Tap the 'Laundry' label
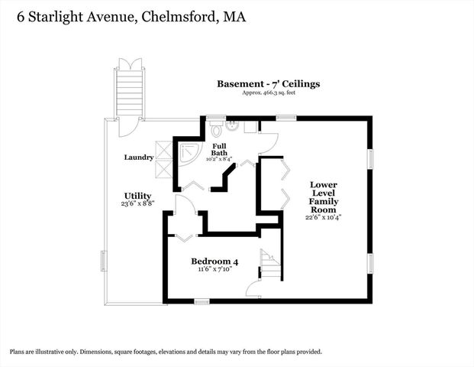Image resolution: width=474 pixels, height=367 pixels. [139, 158]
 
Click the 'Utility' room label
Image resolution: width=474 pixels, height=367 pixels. [137, 196]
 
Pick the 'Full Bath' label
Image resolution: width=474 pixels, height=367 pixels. [219, 148]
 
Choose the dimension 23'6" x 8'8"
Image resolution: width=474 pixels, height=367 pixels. [137, 204]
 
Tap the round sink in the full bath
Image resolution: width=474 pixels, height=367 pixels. [236, 126]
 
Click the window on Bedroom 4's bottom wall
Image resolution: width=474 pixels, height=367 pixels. [202, 301]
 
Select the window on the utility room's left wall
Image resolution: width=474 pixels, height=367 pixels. [105, 261]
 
